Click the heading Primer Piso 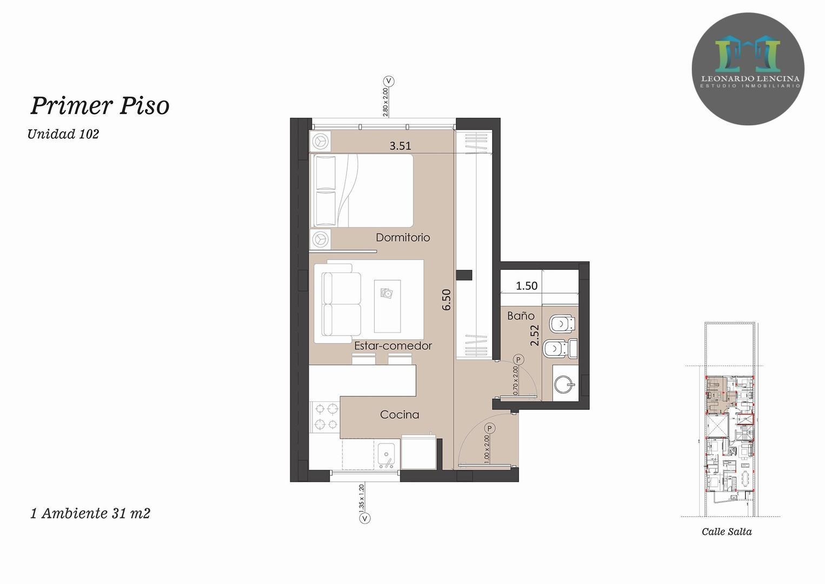[x=100, y=105]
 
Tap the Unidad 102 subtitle [x=63, y=134]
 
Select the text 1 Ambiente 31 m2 [x=90, y=513]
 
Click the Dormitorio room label [x=403, y=237]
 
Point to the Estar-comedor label [x=393, y=346]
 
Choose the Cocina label [x=400, y=415]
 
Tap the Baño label [x=521, y=316]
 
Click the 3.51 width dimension [x=400, y=145]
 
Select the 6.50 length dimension [x=447, y=299]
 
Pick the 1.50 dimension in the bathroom [x=527, y=286]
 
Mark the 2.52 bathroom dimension [x=535, y=335]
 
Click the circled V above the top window [x=388, y=82]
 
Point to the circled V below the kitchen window [x=365, y=519]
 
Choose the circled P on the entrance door [x=489, y=429]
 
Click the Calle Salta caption [x=727, y=532]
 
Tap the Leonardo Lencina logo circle [x=748, y=69]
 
